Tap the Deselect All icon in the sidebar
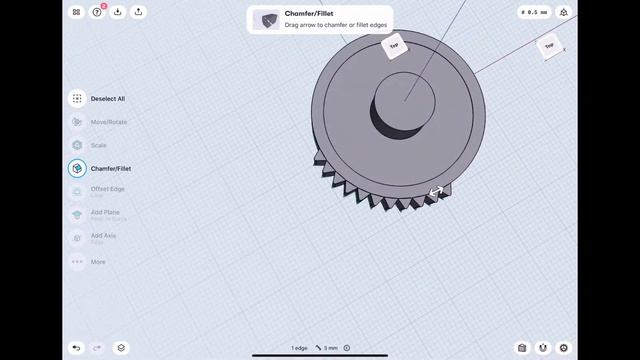(x=77, y=99)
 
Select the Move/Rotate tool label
(x=109, y=122)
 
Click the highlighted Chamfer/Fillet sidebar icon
(x=77, y=169)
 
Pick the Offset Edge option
(x=107, y=189)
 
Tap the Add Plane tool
(x=77, y=214)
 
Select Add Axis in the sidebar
(x=77, y=237)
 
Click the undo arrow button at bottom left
(x=77, y=348)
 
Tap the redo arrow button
(x=97, y=348)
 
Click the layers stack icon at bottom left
(x=121, y=348)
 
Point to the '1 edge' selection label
(x=299, y=348)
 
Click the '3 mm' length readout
(x=329, y=348)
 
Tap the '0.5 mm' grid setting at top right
(x=535, y=12)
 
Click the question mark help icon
(x=97, y=12)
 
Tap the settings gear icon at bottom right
(x=563, y=348)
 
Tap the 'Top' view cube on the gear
(x=394, y=45)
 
